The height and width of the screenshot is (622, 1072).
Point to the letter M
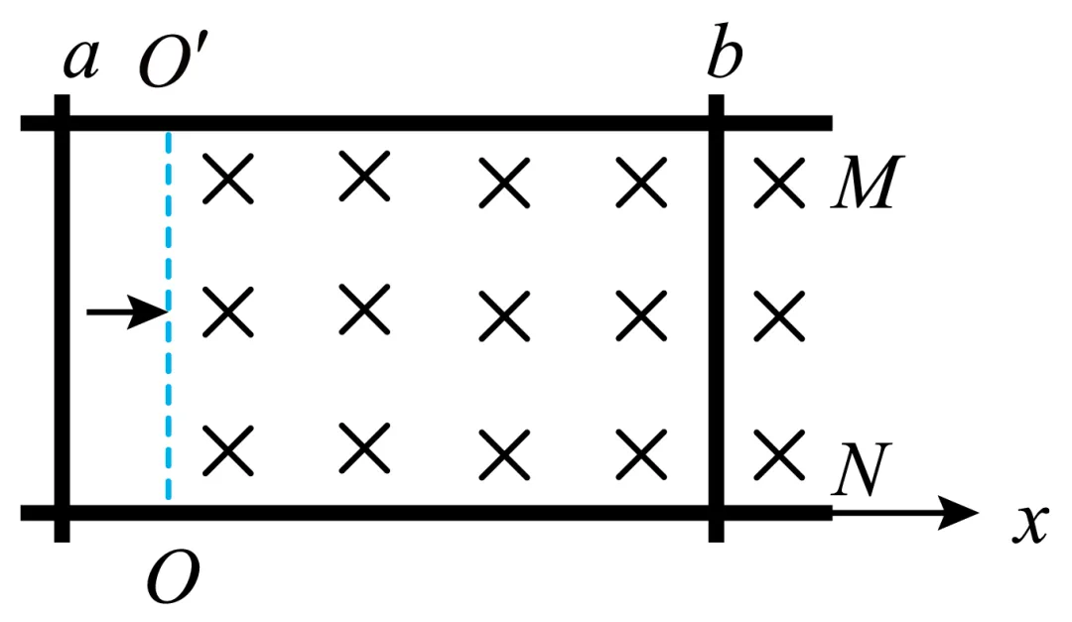(863, 185)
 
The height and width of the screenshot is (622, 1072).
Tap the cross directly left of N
(777, 451)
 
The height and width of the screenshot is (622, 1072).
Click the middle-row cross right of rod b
(777, 316)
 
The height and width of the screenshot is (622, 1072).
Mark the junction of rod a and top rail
(62, 124)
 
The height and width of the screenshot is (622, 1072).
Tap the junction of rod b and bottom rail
(717, 513)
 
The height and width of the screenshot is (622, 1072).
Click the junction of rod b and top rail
(717, 124)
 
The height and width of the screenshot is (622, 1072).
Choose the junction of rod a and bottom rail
(62, 513)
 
